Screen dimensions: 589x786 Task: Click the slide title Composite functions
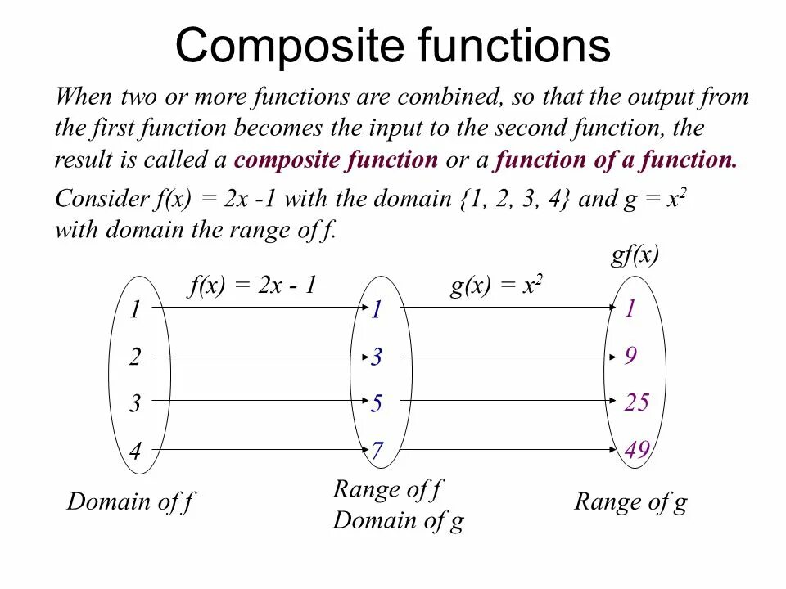[x=392, y=45]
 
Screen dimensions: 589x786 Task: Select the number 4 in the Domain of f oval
[x=135, y=452]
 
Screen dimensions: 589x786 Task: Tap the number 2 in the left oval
[x=135, y=357]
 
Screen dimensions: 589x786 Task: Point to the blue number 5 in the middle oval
[x=377, y=404]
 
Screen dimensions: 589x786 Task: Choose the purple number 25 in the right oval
[x=636, y=402]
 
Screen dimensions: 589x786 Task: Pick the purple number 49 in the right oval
[x=636, y=451]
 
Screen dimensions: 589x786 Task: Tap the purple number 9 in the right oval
[x=630, y=356]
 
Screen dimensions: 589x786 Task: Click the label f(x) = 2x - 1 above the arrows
[x=252, y=286]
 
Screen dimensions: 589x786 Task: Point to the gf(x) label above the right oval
[x=635, y=255]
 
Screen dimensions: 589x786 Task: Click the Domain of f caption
[x=130, y=501]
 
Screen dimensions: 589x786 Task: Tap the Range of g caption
[x=630, y=501]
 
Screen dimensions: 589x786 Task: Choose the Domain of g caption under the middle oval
[x=398, y=520]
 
